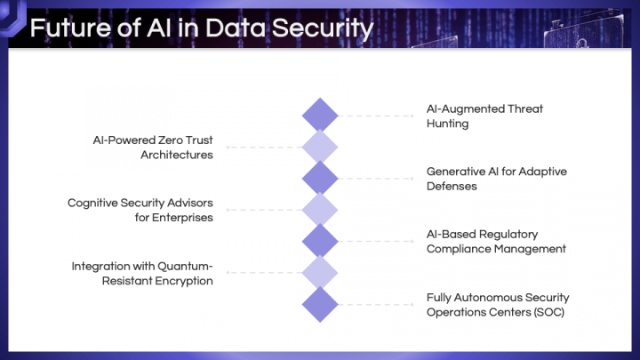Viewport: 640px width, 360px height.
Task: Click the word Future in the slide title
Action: tap(70, 28)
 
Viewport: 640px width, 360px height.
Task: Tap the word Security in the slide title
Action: tap(323, 29)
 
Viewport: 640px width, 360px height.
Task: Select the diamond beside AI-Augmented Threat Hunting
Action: tap(320, 116)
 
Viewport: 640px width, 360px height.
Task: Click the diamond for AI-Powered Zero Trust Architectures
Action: tap(320, 147)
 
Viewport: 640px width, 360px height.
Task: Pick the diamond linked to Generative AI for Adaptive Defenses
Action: tap(320, 179)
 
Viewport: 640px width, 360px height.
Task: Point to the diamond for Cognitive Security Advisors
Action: tap(320, 210)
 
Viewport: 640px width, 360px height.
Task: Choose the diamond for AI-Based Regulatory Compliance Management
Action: tap(320, 241)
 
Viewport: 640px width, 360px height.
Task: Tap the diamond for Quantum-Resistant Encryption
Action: tap(320, 273)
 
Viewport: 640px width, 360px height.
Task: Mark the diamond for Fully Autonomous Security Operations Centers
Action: tap(320, 305)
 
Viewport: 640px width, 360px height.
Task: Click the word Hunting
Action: tap(447, 124)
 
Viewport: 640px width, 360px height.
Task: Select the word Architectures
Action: tap(177, 155)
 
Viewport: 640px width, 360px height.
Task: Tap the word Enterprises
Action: tap(182, 219)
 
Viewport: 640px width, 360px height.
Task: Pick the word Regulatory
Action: tap(509, 235)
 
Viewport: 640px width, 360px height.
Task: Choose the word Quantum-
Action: tap(185, 267)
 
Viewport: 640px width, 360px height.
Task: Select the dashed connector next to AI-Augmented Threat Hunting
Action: tap(376, 116)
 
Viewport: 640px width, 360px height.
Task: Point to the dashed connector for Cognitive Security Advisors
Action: tap(264, 210)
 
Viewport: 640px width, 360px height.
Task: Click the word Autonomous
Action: tap(488, 298)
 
